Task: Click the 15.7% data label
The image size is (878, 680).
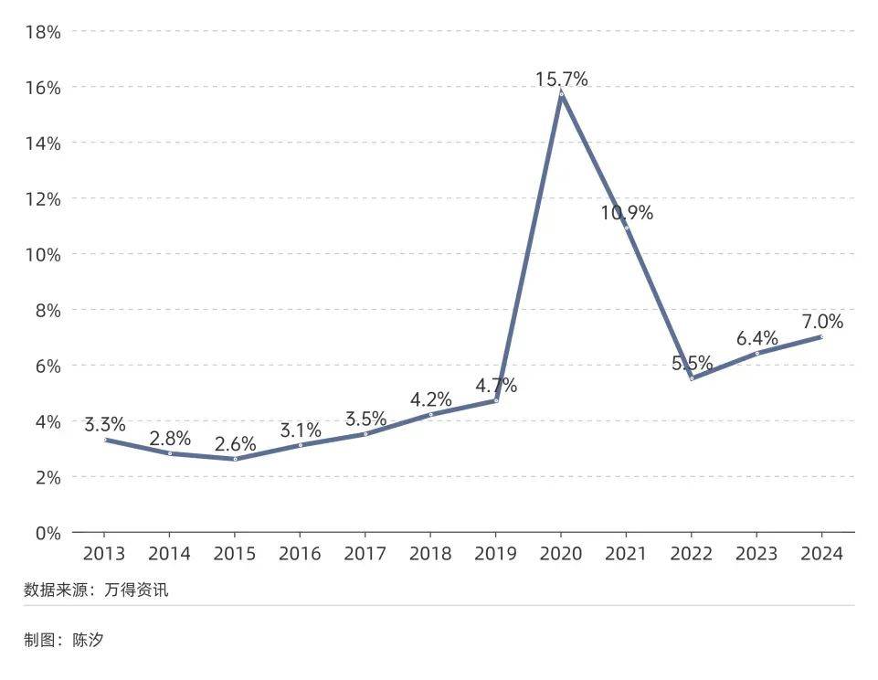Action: [561, 79]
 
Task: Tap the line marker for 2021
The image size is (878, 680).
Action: [626, 228]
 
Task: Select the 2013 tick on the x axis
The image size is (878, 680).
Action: [105, 554]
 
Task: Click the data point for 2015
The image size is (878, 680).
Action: [235, 459]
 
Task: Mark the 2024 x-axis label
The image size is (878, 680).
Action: [820, 554]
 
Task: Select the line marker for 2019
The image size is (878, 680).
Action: [495, 400]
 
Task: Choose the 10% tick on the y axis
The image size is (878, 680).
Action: [43, 254]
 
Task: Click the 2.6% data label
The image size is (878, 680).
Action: [235, 445]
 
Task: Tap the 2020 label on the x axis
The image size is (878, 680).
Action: [560, 554]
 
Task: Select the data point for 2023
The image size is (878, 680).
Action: [756, 353]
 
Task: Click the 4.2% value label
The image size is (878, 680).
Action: [430, 400]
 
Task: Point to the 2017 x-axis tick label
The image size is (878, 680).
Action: [365, 554]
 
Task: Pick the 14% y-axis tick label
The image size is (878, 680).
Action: [43, 143]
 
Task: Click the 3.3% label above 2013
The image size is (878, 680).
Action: [105, 425]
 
